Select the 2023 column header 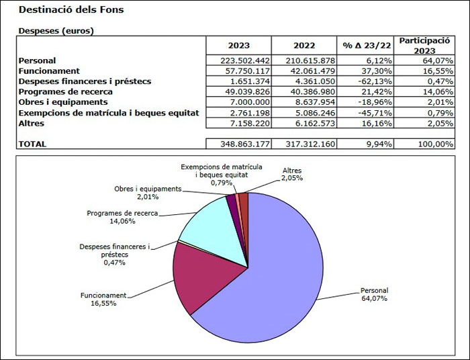click(x=239, y=46)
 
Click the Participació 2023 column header click(x=424, y=46)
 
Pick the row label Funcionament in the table click(x=49, y=71)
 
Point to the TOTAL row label click(x=34, y=144)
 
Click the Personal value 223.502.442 click(x=239, y=61)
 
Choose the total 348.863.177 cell click(x=239, y=144)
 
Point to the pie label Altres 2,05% click(x=292, y=175)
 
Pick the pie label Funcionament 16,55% click(x=103, y=299)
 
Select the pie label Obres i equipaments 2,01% click(x=147, y=193)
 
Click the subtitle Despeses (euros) click(x=56, y=31)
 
